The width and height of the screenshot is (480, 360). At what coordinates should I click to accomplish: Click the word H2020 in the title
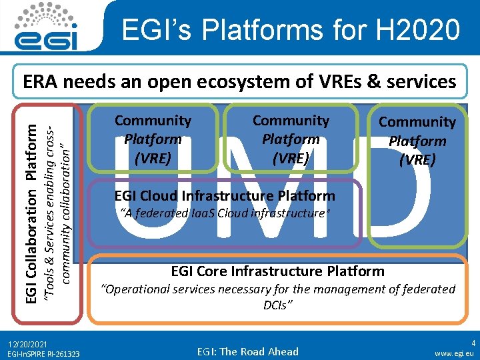coord(417,30)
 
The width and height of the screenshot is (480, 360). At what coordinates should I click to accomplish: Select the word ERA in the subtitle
coord(41,81)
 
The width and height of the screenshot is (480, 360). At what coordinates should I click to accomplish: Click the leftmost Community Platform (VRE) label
coord(153,139)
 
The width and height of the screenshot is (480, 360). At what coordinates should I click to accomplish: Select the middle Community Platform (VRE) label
coord(291,139)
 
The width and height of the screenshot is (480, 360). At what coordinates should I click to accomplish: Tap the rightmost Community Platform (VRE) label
coord(417,141)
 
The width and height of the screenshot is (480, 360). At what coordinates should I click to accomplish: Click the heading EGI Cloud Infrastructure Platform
coord(225,196)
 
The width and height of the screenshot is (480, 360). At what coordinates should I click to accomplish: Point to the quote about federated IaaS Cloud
coord(225,213)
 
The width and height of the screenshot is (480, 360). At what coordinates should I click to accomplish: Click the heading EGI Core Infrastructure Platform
coord(278,271)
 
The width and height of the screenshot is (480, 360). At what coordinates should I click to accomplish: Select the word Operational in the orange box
coord(135,289)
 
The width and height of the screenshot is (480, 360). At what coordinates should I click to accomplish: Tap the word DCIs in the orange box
coord(277,305)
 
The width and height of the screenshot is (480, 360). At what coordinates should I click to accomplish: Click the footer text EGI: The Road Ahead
coord(248,351)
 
